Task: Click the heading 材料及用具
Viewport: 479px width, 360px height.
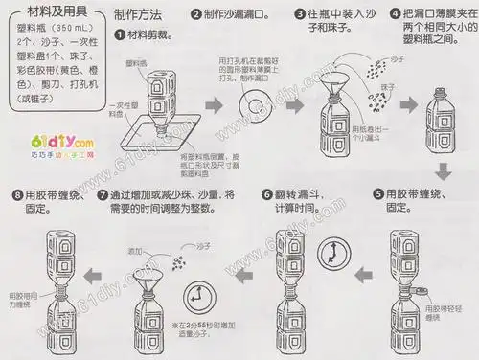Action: click(x=51, y=11)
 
